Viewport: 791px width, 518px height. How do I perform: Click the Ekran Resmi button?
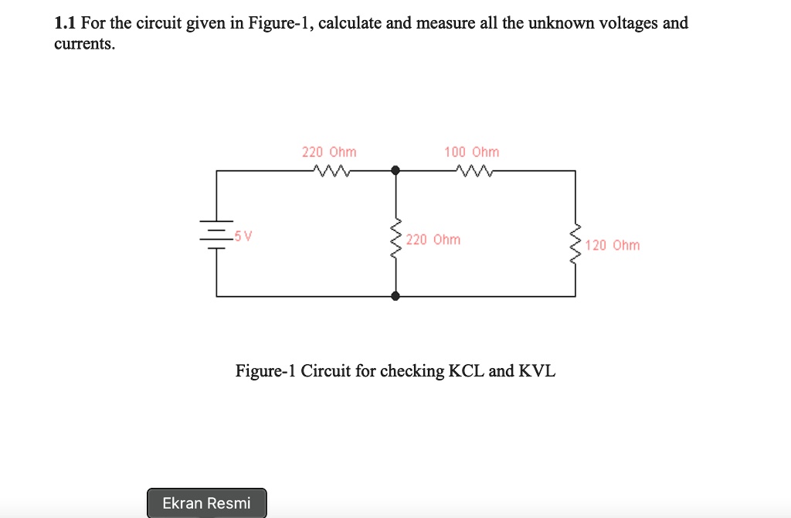[x=206, y=503]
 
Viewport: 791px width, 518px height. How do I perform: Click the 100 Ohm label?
[x=472, y=152]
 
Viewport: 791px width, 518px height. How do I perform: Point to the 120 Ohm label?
[x=613, y=245]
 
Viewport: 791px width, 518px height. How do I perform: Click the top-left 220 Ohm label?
[x=329, y=152]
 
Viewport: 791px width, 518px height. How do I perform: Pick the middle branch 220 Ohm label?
[x=433, y=240]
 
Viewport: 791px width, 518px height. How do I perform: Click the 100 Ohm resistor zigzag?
[x=472, y=170]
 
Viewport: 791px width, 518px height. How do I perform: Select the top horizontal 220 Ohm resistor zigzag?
[x=329, y=170]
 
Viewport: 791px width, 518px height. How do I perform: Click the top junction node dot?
[x=395, y=170]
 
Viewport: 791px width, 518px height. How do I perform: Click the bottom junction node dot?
[x=395, y=296]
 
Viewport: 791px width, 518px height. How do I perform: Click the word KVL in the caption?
[x=537, y=371]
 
